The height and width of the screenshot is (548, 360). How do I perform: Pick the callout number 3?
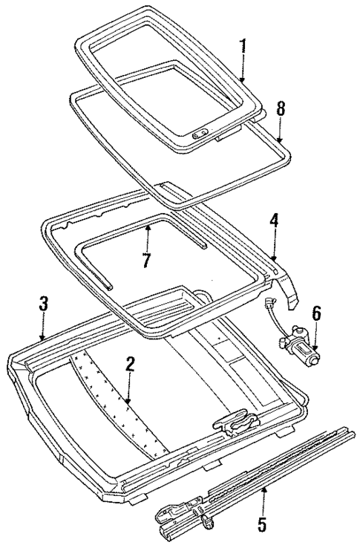click(43, 304)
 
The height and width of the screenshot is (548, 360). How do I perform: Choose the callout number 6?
click(317, 315)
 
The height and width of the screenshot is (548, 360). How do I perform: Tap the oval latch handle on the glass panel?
click(199, 135)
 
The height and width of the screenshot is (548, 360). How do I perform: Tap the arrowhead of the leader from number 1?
click(241, 79)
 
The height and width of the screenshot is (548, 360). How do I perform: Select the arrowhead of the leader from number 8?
click(279, 141)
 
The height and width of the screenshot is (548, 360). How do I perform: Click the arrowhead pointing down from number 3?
click(43, 338)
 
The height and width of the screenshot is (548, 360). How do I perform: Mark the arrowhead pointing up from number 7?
click(148, 228)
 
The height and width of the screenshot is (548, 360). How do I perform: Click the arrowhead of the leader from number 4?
click(273, 258)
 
